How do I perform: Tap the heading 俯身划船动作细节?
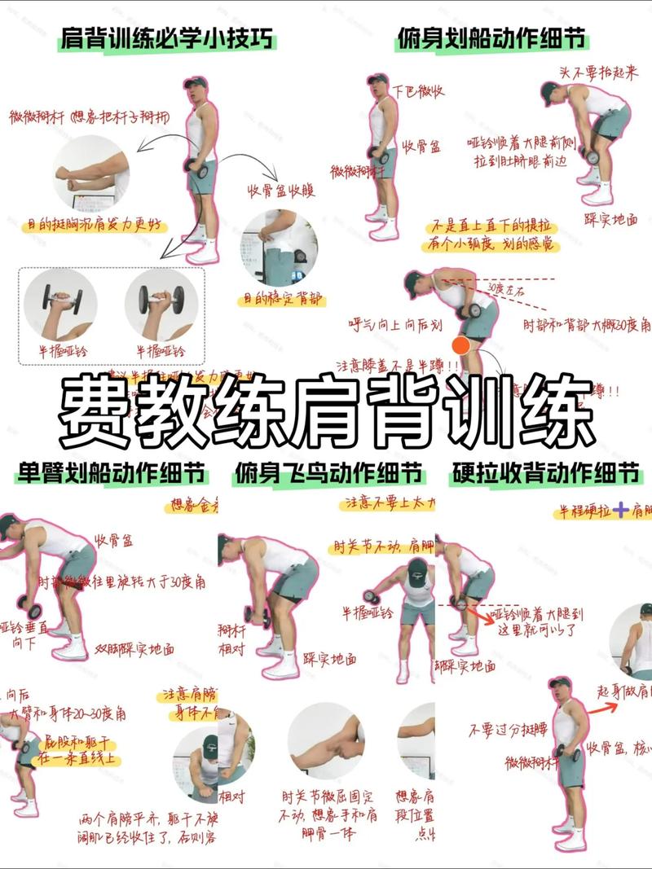point(492,38)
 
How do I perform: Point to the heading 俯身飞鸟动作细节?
point(328,473)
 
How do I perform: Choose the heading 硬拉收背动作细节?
point(545,473)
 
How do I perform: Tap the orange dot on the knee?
point(461,345)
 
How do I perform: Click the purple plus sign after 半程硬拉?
point(622,511)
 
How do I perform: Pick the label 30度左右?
point(506,287)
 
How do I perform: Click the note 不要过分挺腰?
point(499,731)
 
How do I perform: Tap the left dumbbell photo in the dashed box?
point(60,306)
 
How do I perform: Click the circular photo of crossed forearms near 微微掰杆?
point(91,173)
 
